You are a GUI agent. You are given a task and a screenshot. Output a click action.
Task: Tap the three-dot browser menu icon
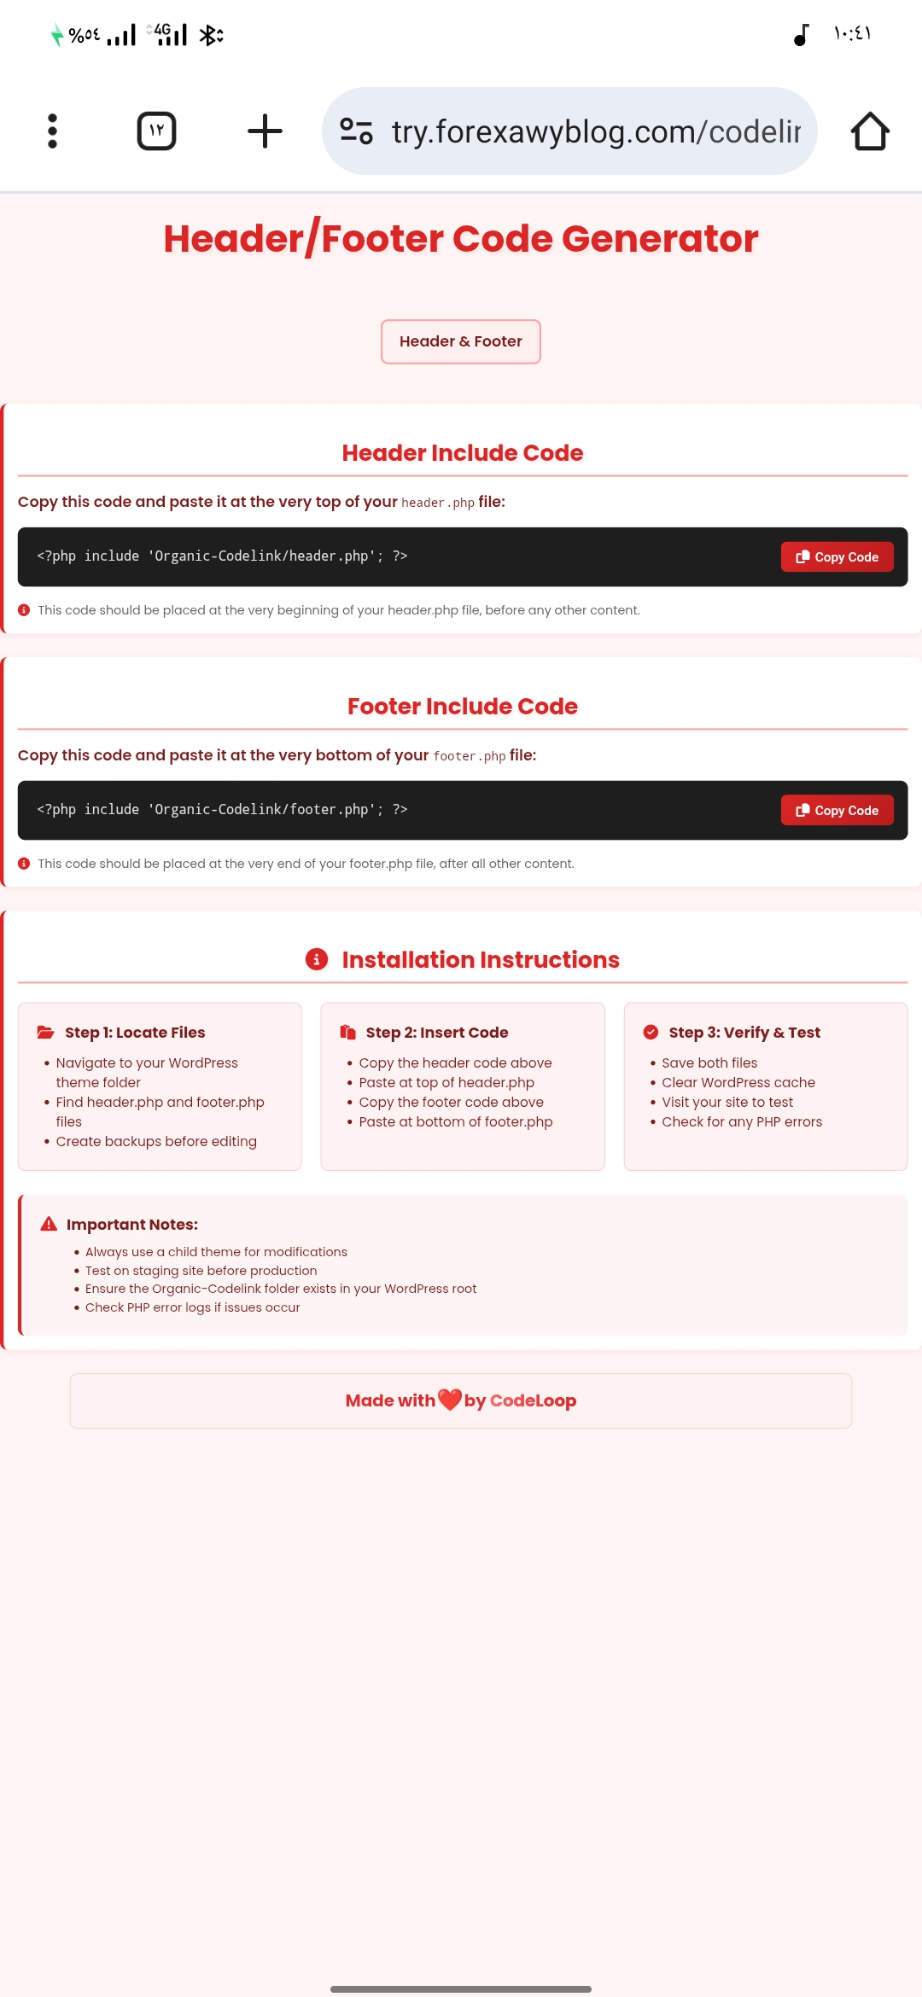tap(52, 131)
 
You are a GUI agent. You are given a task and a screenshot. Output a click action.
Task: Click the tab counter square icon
tap(156, 131)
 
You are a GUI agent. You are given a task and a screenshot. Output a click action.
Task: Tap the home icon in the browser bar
tap(870, 131)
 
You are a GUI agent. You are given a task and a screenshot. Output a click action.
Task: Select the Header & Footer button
tap(461, 341)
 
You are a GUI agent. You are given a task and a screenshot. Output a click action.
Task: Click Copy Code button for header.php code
tap(837, 557)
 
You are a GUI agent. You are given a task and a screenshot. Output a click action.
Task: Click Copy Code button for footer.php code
tap(837, 811)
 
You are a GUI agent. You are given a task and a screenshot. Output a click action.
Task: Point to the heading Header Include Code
tap(463, 453)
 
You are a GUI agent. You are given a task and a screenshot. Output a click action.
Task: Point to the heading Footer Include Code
tap(463, 707)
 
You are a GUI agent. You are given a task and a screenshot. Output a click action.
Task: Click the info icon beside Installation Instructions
tap(317, 959)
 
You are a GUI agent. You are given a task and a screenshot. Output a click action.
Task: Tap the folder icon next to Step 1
tap(45, 1033)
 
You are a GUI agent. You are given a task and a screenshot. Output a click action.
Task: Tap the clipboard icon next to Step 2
tap(348, 1033)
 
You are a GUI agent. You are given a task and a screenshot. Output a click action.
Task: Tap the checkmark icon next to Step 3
tap(651, 1033)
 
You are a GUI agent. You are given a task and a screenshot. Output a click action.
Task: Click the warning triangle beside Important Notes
tap(49, 1224)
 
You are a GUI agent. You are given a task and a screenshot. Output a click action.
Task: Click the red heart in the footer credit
tap(449, 1400)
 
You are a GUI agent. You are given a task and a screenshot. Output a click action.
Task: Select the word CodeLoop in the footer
tap(533, 1400)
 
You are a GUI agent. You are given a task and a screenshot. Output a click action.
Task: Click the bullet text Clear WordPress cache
tap(738, 1082)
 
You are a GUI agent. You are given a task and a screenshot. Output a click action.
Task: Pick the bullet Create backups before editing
tap(156, 1142)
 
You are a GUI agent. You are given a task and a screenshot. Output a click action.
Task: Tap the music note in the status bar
tap(801, 35)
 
